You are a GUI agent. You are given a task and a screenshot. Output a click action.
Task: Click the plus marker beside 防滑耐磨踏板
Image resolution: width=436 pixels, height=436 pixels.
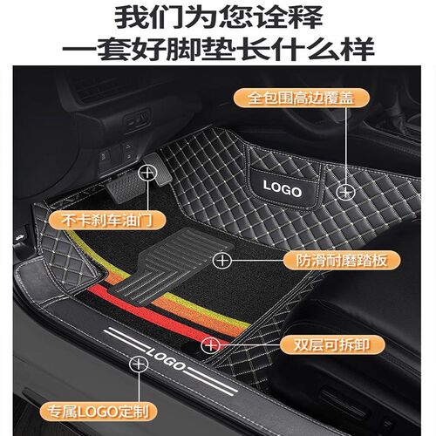(224, 259)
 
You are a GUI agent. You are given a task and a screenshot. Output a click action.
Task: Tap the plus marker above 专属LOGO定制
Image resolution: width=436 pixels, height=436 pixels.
(137, 362)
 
